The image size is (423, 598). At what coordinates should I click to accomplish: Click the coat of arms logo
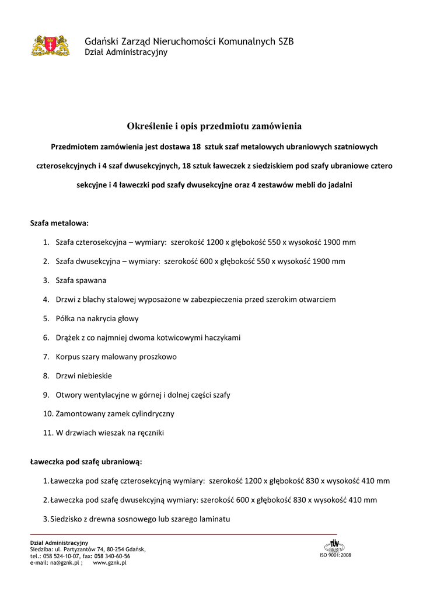[50, 45]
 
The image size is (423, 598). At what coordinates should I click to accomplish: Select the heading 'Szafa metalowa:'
[59, 223]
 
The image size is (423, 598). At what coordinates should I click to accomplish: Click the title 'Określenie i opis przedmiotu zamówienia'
[214, 126]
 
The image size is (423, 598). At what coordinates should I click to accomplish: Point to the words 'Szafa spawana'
[81, 280]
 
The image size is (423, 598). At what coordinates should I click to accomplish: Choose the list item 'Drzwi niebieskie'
[83, 376]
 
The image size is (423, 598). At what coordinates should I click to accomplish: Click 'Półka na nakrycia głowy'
[97, 319]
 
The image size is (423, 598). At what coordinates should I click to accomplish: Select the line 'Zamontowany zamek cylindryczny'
[115, 413]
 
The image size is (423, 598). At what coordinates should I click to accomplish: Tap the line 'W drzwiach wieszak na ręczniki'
[110, 433]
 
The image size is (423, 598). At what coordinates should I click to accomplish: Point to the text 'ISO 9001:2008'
[335, 555]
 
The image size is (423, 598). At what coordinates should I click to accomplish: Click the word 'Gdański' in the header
[101, 41]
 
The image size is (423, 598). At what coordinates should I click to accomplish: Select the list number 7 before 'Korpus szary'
[46, 356]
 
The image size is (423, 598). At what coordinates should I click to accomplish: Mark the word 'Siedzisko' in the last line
[68, 519]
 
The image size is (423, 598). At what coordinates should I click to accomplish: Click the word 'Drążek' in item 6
[69, 338]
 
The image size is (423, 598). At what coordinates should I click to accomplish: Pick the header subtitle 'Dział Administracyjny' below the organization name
[126, 53]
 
